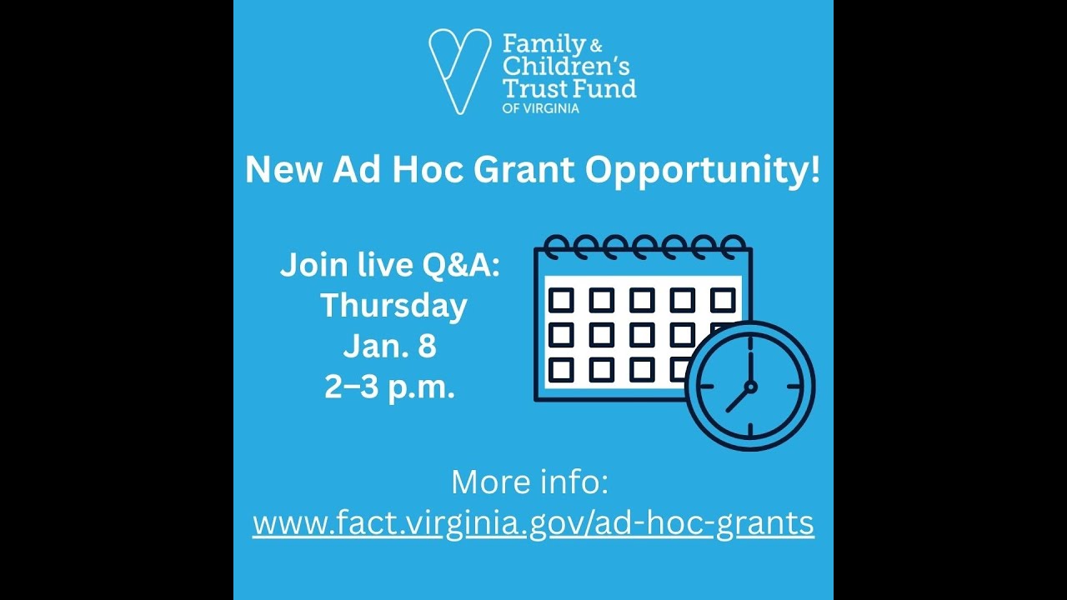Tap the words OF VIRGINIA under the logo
coord(541,107)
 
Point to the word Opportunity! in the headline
coord(703,170)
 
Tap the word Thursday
coord(393,306)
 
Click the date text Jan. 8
coord(389,347)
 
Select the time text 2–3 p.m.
coord(389,387)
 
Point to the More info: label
coord(530,482)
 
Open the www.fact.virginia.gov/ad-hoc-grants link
coord(533,523)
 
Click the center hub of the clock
coord(750,387)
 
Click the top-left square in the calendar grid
coord(561,299)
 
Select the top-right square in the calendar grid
coord(723,299)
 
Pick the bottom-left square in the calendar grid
coord(561,369)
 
